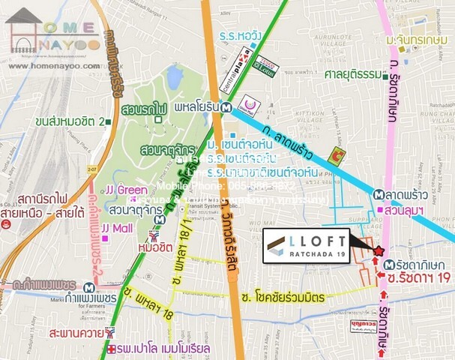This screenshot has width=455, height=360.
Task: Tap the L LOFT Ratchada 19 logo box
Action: [x=306, y=246]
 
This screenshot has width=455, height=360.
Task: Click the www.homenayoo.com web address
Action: [x=54, y=66]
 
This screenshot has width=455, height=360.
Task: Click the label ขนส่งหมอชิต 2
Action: [x=69, y=121]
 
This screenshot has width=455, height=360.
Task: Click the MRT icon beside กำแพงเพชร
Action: [x=91, y=287]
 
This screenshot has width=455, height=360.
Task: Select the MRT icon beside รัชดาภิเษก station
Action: [x=388, y=265]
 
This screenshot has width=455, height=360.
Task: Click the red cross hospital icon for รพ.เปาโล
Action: [x=112, y=350]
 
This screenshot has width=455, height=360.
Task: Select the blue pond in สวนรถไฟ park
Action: [x=175, y=76]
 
